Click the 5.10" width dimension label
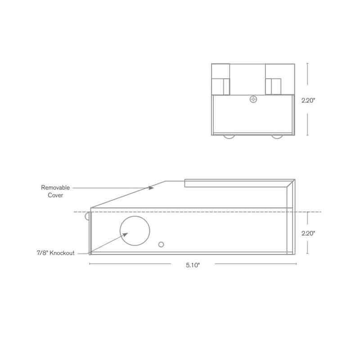193,265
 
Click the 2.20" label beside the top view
308,101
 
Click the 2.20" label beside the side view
308,233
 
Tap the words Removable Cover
55,192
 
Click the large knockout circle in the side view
135,231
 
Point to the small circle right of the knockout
162,244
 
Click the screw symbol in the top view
253,99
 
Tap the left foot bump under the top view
229,136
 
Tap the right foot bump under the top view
277,136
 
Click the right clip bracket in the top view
274,86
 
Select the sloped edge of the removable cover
128,194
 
